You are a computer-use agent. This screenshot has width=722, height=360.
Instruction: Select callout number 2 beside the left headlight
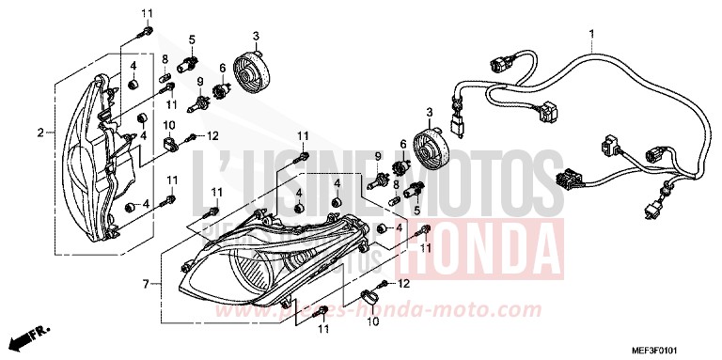pos(40,133)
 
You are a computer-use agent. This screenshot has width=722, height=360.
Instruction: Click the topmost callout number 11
pos(146,12)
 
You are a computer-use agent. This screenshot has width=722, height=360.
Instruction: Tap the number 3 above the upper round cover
pos(256,35)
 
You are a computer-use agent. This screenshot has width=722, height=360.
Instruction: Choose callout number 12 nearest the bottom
pos(405,282)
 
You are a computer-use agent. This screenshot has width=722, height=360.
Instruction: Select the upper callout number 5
pos(191,39)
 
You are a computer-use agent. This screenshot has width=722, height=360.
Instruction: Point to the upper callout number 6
pos(223,68)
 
